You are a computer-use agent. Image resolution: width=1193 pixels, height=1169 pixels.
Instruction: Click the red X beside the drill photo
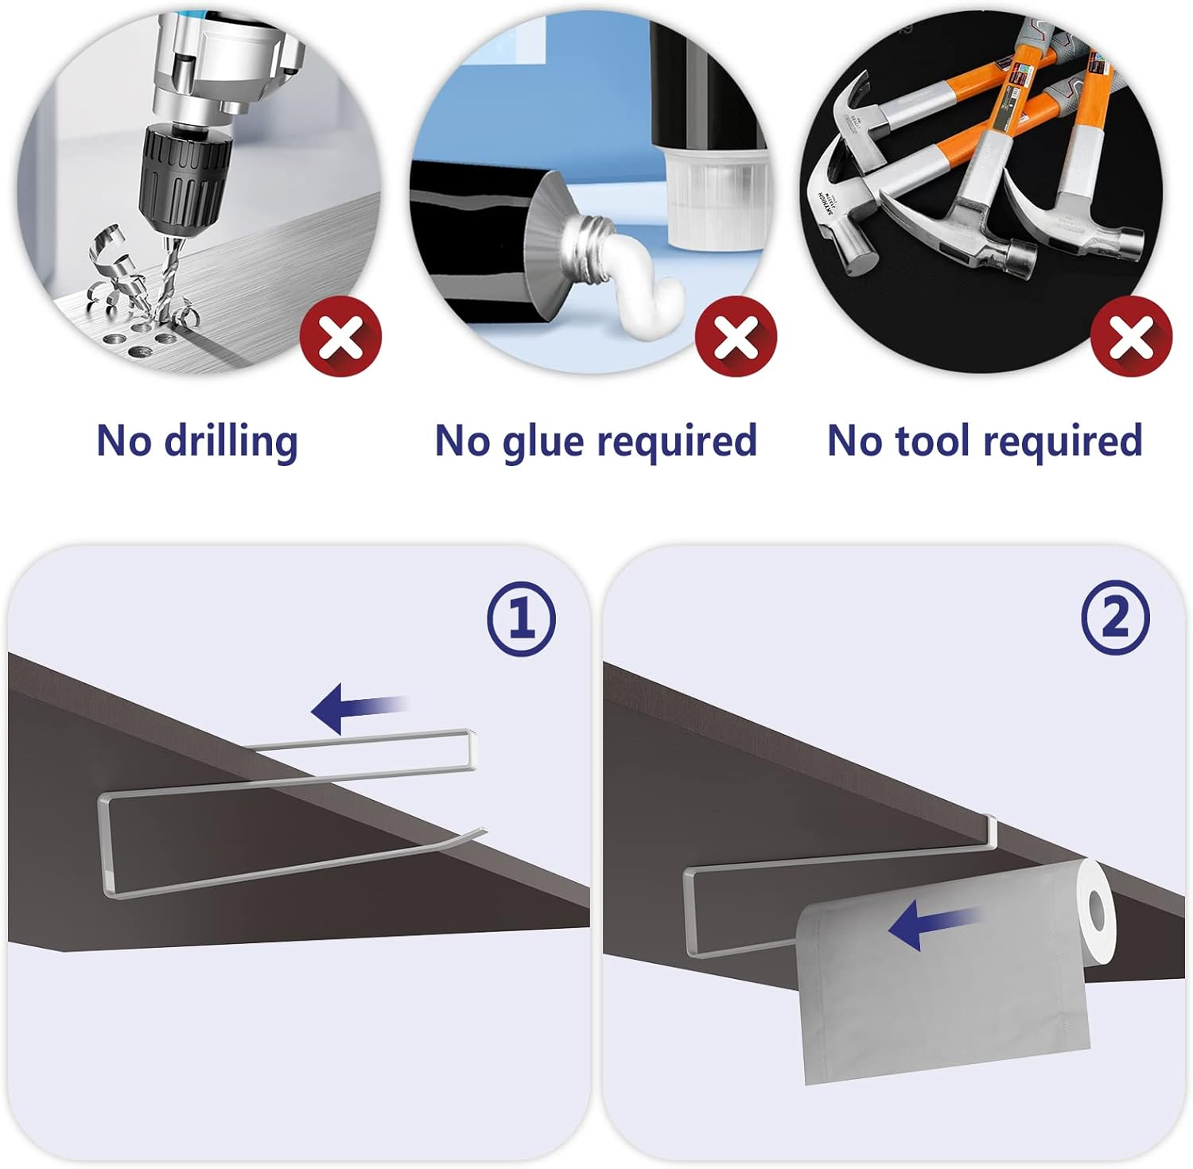(x=341, y=337)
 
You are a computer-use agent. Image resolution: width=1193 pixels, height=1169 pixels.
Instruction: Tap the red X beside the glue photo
(x=736, y=337)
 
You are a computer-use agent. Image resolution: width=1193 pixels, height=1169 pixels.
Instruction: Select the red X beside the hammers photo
(x=1131, y=337)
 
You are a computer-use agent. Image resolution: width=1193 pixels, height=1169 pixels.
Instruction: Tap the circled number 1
(x=522, y=618)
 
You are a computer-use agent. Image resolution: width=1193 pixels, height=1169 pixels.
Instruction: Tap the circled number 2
(x=1115, y=618)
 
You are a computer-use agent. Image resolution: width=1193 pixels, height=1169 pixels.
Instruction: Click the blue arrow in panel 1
(x=359, y=706)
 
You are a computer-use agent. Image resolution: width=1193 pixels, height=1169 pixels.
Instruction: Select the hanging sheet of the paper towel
(x=942, y=994)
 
